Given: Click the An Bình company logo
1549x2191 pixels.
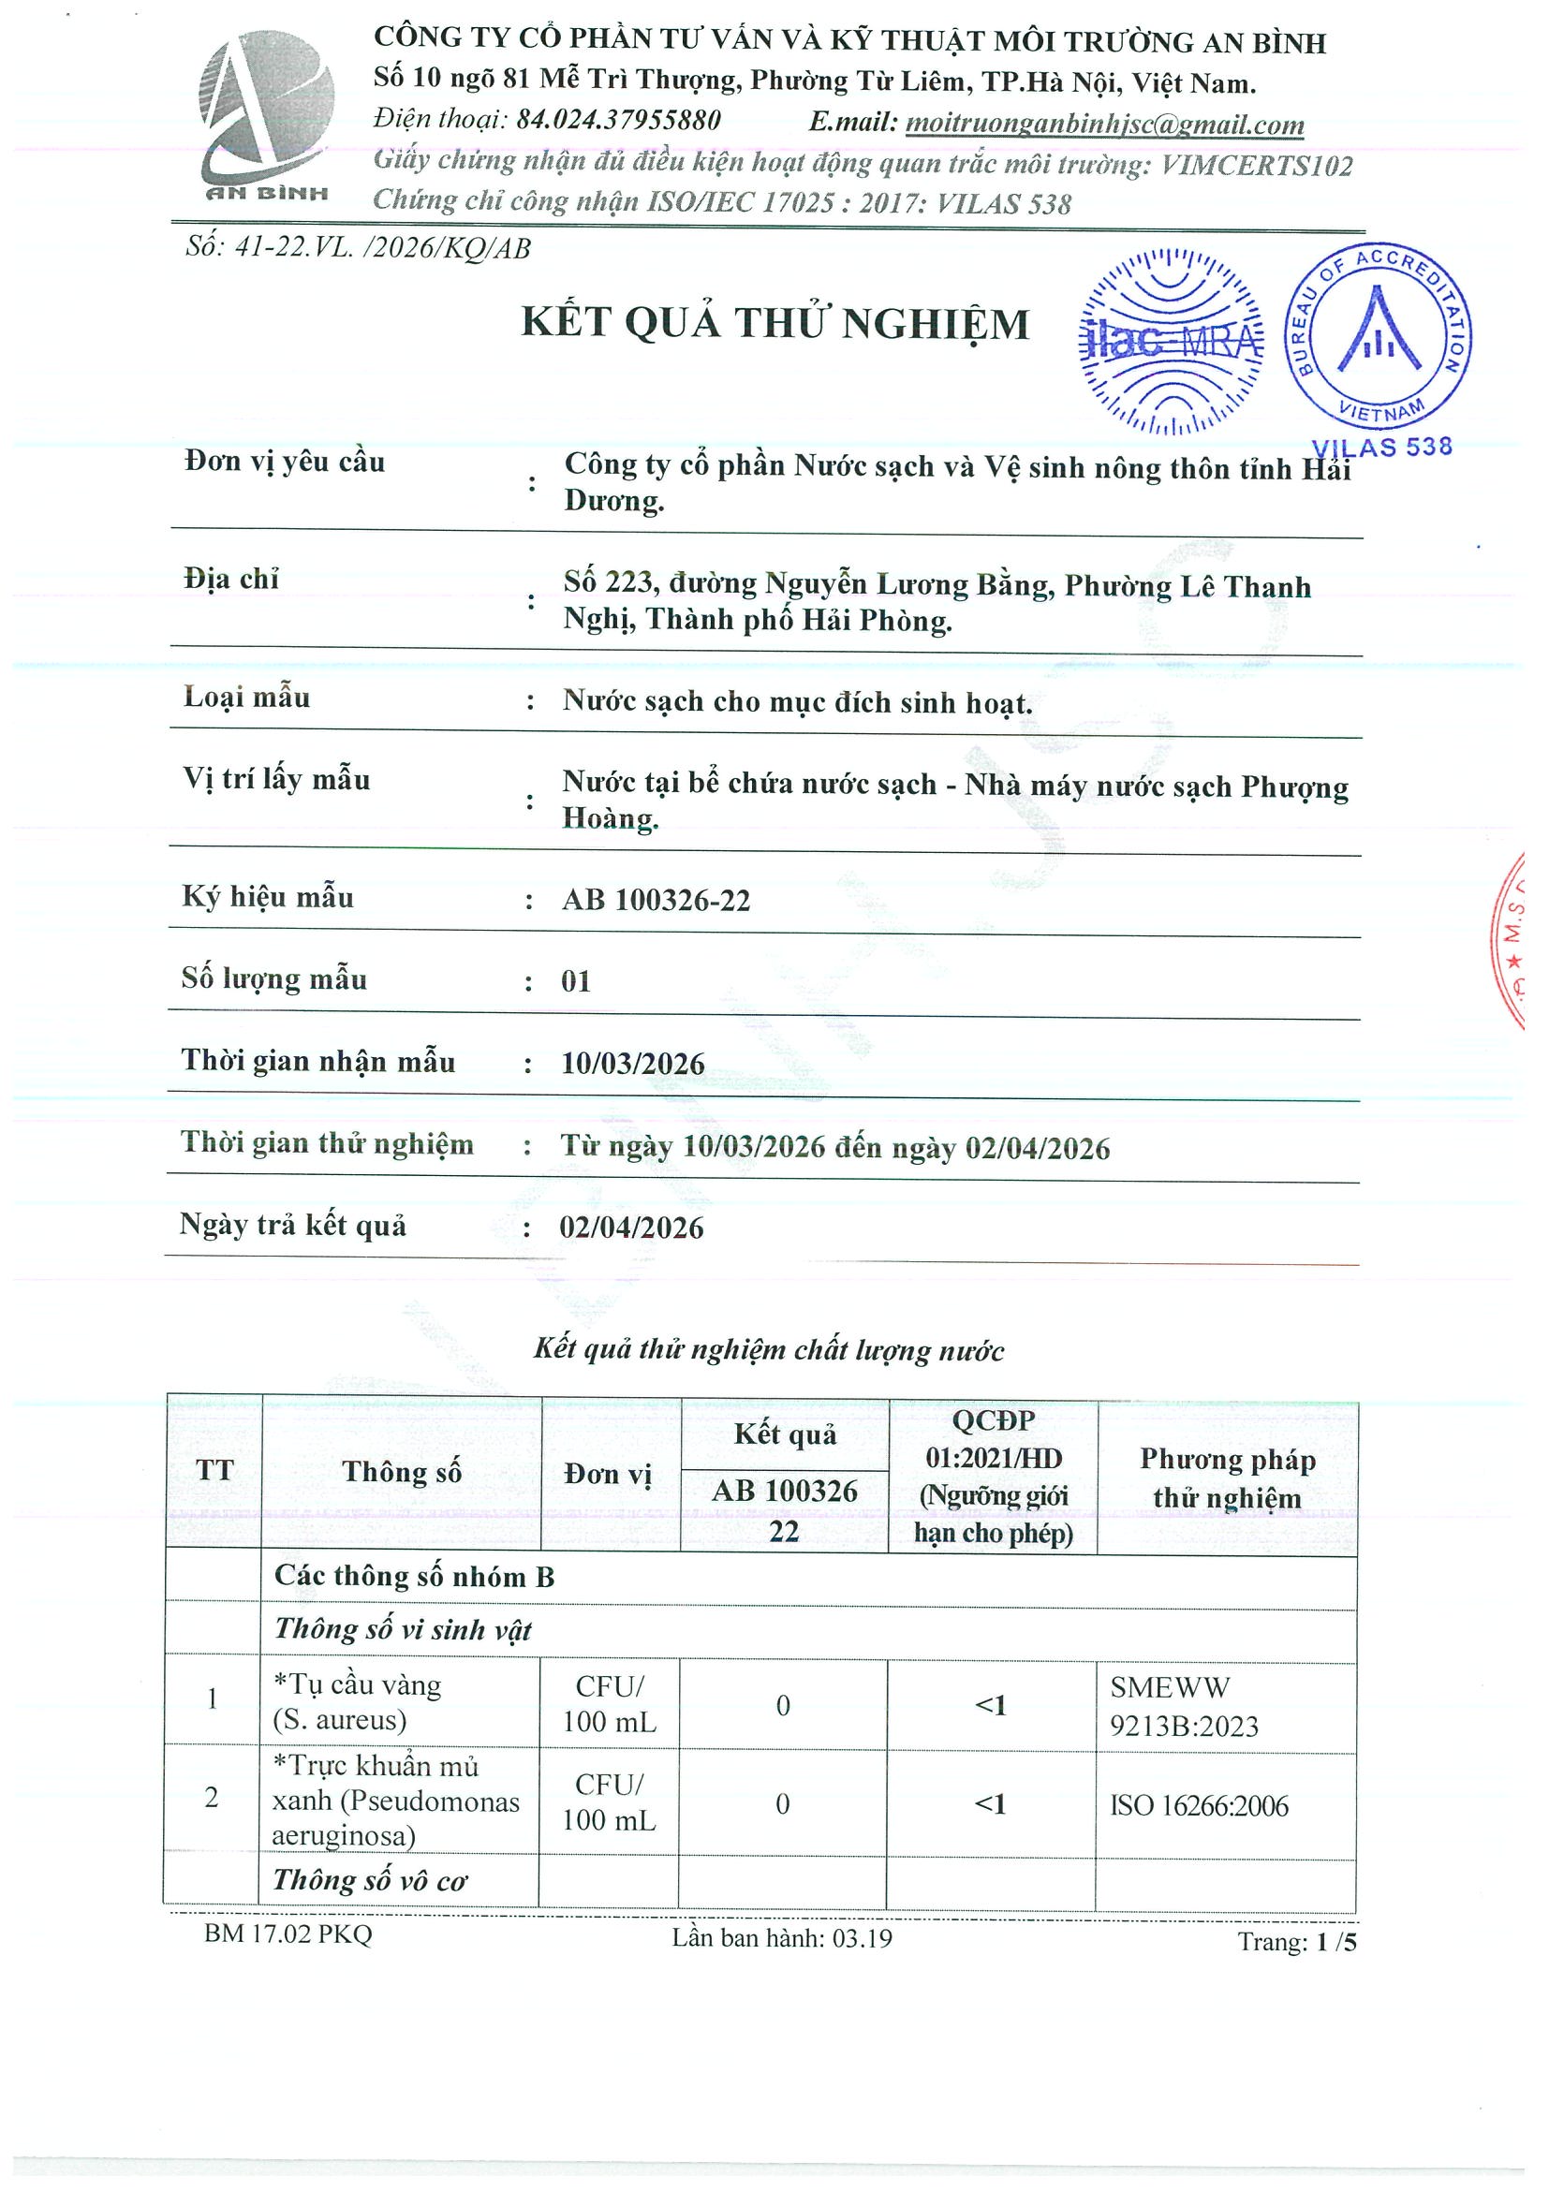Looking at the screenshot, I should pyautogui.click(x=266, y=116).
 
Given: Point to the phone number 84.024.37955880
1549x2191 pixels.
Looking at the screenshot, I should pyautogui.click(x=618, y=120).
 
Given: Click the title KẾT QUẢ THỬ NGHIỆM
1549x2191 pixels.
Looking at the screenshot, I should pyautogui.click(x=775, y=323).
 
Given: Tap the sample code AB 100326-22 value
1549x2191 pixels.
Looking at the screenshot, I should pyautogui.click(x=656, y=900).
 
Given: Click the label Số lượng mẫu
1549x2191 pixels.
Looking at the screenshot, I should pyautogui.click(x=273, y=979).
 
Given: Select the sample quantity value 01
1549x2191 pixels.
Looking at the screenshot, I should pyautogui.click(x=576, y=982).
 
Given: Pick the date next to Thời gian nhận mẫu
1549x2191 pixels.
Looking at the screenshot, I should pyautogui.click(x=633, y=1064).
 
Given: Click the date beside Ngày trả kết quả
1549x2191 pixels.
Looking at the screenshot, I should pyautogui.click(x=631, y=1228).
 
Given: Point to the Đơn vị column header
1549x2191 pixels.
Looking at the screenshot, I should pyautogui.click(x=608, y=1475).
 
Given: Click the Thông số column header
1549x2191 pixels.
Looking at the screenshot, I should pyautogui.click(x=402, y=1473).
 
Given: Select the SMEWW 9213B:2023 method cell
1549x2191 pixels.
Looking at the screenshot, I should pyautogui.click(x=1184, y=1707).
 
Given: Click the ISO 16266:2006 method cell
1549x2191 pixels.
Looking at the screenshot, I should pyautogui.click(x=1199, y=1805).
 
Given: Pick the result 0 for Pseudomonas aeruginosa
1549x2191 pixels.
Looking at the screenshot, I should pyautogui.click(x=783, y=1804).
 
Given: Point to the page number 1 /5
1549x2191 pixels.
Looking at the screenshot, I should pyautogui.click(x=1335, y=1942).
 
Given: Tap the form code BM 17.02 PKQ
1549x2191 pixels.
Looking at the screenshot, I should pyautogui.click(x=288, y=1934).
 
